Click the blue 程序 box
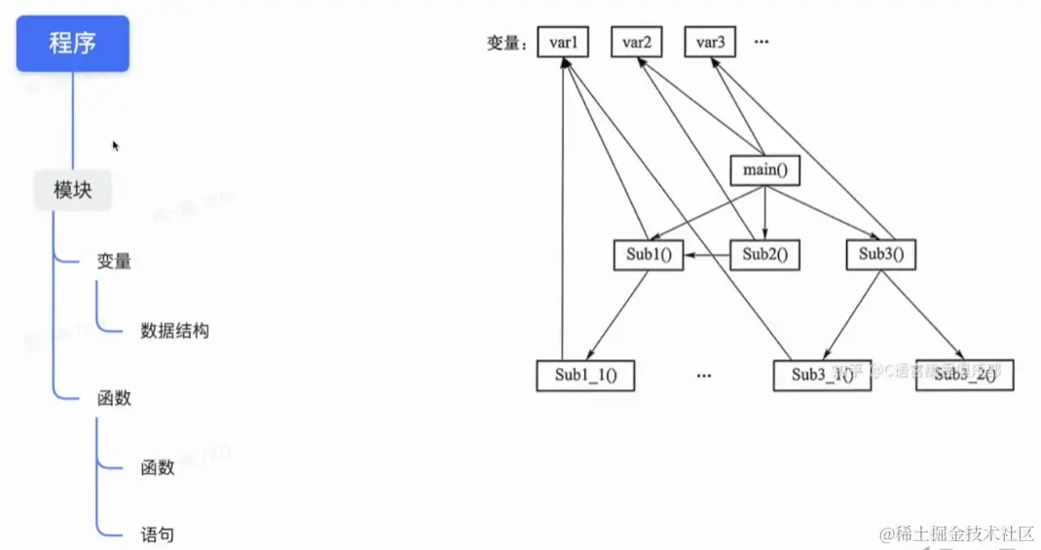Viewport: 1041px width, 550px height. [x=73, y=44]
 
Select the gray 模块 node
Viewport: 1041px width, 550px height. [x=73, y=190]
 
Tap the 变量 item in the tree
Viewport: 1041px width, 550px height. [x=114, y=262]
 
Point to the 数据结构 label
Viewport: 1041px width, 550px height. [x=174, y=331]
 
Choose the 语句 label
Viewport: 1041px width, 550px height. [x=158, y=534]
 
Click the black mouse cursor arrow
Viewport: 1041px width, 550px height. [x=116, y=146]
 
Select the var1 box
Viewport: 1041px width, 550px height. [x=564, y=42]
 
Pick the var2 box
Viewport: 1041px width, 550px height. [x=637, y=42]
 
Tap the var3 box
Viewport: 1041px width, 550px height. [x=710, y=42]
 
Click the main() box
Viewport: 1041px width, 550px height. [x=764, y=171]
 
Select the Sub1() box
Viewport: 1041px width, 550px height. [x=649, y=255]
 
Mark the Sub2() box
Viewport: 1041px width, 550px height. [x=764, y=255]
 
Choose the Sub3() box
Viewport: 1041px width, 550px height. [x=881, y=255]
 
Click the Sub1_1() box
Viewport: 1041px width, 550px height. [x=585, y=376]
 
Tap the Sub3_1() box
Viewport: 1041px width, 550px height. [x=822, y=376]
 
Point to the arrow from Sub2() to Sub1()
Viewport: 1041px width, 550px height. [x=707, y=255]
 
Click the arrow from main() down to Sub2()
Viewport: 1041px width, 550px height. [x=764, y=213]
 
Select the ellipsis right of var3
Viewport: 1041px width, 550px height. [x=762, y=42]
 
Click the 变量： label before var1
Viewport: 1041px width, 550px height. [x=506, y=43]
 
